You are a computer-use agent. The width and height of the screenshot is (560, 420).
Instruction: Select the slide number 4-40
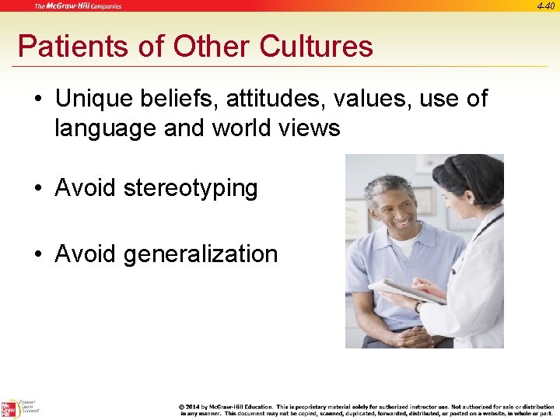[x=545, y=6]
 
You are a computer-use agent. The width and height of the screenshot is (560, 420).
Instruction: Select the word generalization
[x=205, y=254]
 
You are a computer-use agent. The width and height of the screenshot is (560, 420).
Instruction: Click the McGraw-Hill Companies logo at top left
[x=78, y=6]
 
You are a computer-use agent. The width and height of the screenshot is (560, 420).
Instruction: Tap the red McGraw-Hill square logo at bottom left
[x=10, y=408]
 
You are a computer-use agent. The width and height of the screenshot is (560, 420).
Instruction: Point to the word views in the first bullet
[x=309, y=128]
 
